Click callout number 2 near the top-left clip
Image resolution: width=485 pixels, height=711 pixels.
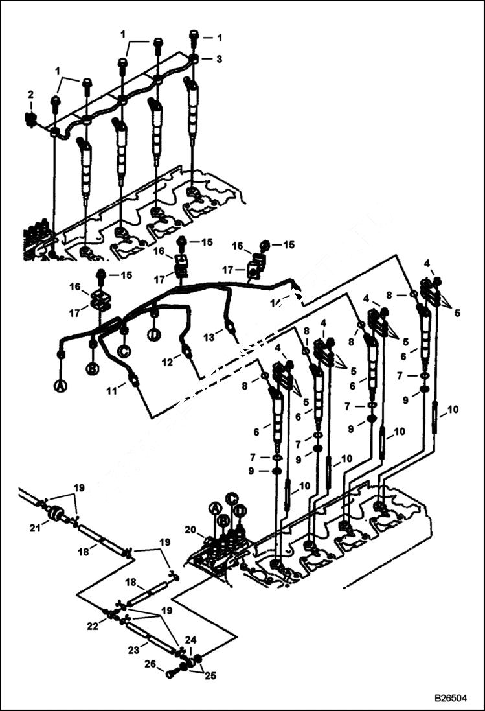coord(30,95)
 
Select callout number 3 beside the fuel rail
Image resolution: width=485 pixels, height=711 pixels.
coord(219,58)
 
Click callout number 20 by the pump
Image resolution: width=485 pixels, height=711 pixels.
coord(190,530)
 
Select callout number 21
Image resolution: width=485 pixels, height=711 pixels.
coord(36,528)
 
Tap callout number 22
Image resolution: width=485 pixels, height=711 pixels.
coord(93,625)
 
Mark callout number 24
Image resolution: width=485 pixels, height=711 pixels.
coord(190,640)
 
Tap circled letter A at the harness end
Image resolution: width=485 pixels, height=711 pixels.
coord(60,386)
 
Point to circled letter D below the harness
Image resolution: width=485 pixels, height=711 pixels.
coord(153,335)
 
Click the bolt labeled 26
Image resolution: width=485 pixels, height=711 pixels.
coord(172,673)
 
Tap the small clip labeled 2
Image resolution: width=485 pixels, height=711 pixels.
coord(28,119)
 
